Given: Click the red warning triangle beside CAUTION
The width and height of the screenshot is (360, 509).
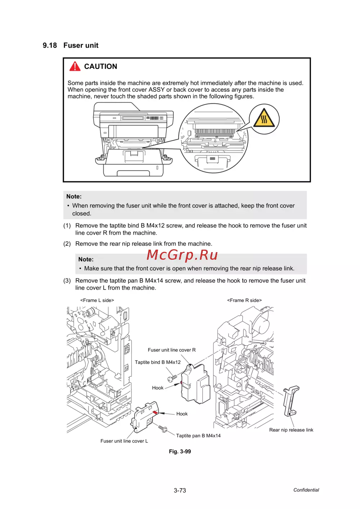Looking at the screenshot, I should tap(75, 66).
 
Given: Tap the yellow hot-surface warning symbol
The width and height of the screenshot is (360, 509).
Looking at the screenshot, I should tap(264, 119).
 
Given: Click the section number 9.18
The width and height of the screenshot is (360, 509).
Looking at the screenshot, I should tap(50, 45).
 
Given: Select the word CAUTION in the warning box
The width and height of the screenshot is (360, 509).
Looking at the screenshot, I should tap(100, 67).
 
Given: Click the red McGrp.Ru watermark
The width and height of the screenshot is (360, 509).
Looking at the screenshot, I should tap(182, 255).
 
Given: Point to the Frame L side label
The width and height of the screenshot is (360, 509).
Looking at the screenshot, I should tap(97, 300).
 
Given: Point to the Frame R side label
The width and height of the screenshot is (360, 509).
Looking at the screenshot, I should tap(244, 300).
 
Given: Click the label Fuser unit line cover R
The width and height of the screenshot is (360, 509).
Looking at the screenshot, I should tap(172, 350).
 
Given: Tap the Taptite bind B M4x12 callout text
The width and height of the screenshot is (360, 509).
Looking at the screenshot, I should tap(158, 362).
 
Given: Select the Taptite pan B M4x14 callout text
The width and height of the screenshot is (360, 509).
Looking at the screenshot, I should tap(198, 436).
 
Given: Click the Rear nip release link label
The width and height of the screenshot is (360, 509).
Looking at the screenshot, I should tap(291, 430).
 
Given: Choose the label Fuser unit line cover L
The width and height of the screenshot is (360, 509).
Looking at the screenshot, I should tap(124, 441).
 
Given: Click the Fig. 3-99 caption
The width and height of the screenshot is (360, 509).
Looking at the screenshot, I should tap(180, 451).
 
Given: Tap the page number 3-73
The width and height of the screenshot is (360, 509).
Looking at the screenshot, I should tap(180, 490).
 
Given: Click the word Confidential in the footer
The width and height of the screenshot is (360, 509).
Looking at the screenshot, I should tap(306, 490).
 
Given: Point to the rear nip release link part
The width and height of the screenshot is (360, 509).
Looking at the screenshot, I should tap(291, 400).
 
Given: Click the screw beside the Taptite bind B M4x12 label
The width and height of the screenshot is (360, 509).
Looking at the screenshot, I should tap(172, 378).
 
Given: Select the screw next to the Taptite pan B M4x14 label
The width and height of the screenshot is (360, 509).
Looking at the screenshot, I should tap(163, 429).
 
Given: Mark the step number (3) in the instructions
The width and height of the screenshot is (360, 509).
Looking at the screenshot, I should tap(67, 281).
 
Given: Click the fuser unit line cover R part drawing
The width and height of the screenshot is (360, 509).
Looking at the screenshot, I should tap(195, 383).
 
